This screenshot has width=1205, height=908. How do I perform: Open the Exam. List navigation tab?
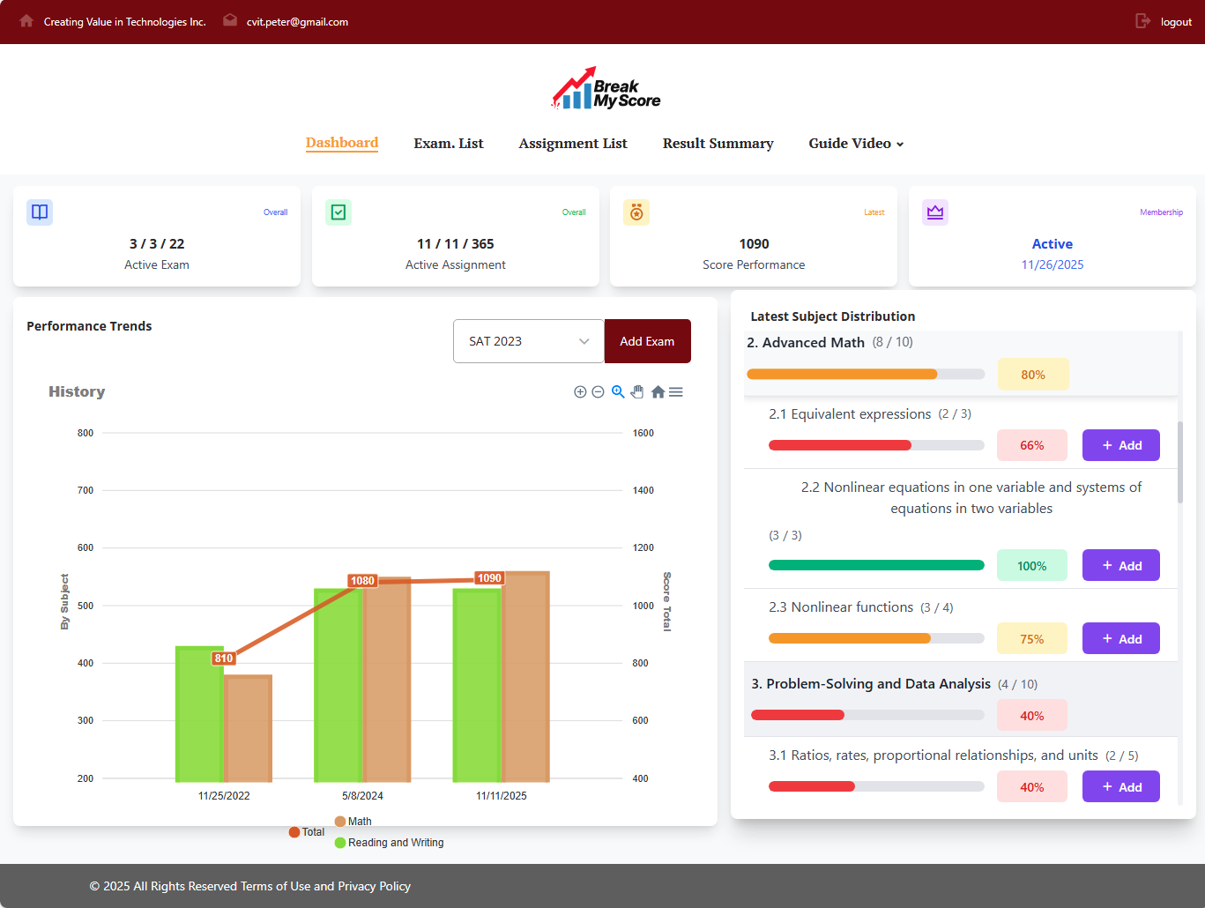click(x=448, y=144)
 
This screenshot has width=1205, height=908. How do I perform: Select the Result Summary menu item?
click(x=718, y=144)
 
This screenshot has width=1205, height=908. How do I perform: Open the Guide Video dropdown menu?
click(x=855, y=144)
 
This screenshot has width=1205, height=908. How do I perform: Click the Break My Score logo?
click(x=606, y=89)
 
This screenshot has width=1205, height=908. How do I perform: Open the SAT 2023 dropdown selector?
click(x=528, y=341)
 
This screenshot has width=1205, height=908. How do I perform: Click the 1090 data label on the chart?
click(x=489, y=578)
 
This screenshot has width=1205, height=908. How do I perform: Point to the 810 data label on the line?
click(x=224, y=659)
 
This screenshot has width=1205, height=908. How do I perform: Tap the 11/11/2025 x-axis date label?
click(x=501, y=796)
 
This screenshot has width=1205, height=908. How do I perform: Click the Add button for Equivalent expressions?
click(x=1120, y=445)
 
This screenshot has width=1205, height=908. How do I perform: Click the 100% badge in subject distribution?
click(x=1031, y=566)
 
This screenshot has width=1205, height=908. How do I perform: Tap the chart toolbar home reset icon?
click(x=658, y=392)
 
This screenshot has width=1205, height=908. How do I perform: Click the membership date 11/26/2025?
click(x=1052, y=264)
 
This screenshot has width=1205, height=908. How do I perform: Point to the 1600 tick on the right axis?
click(x=643, y=433)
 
